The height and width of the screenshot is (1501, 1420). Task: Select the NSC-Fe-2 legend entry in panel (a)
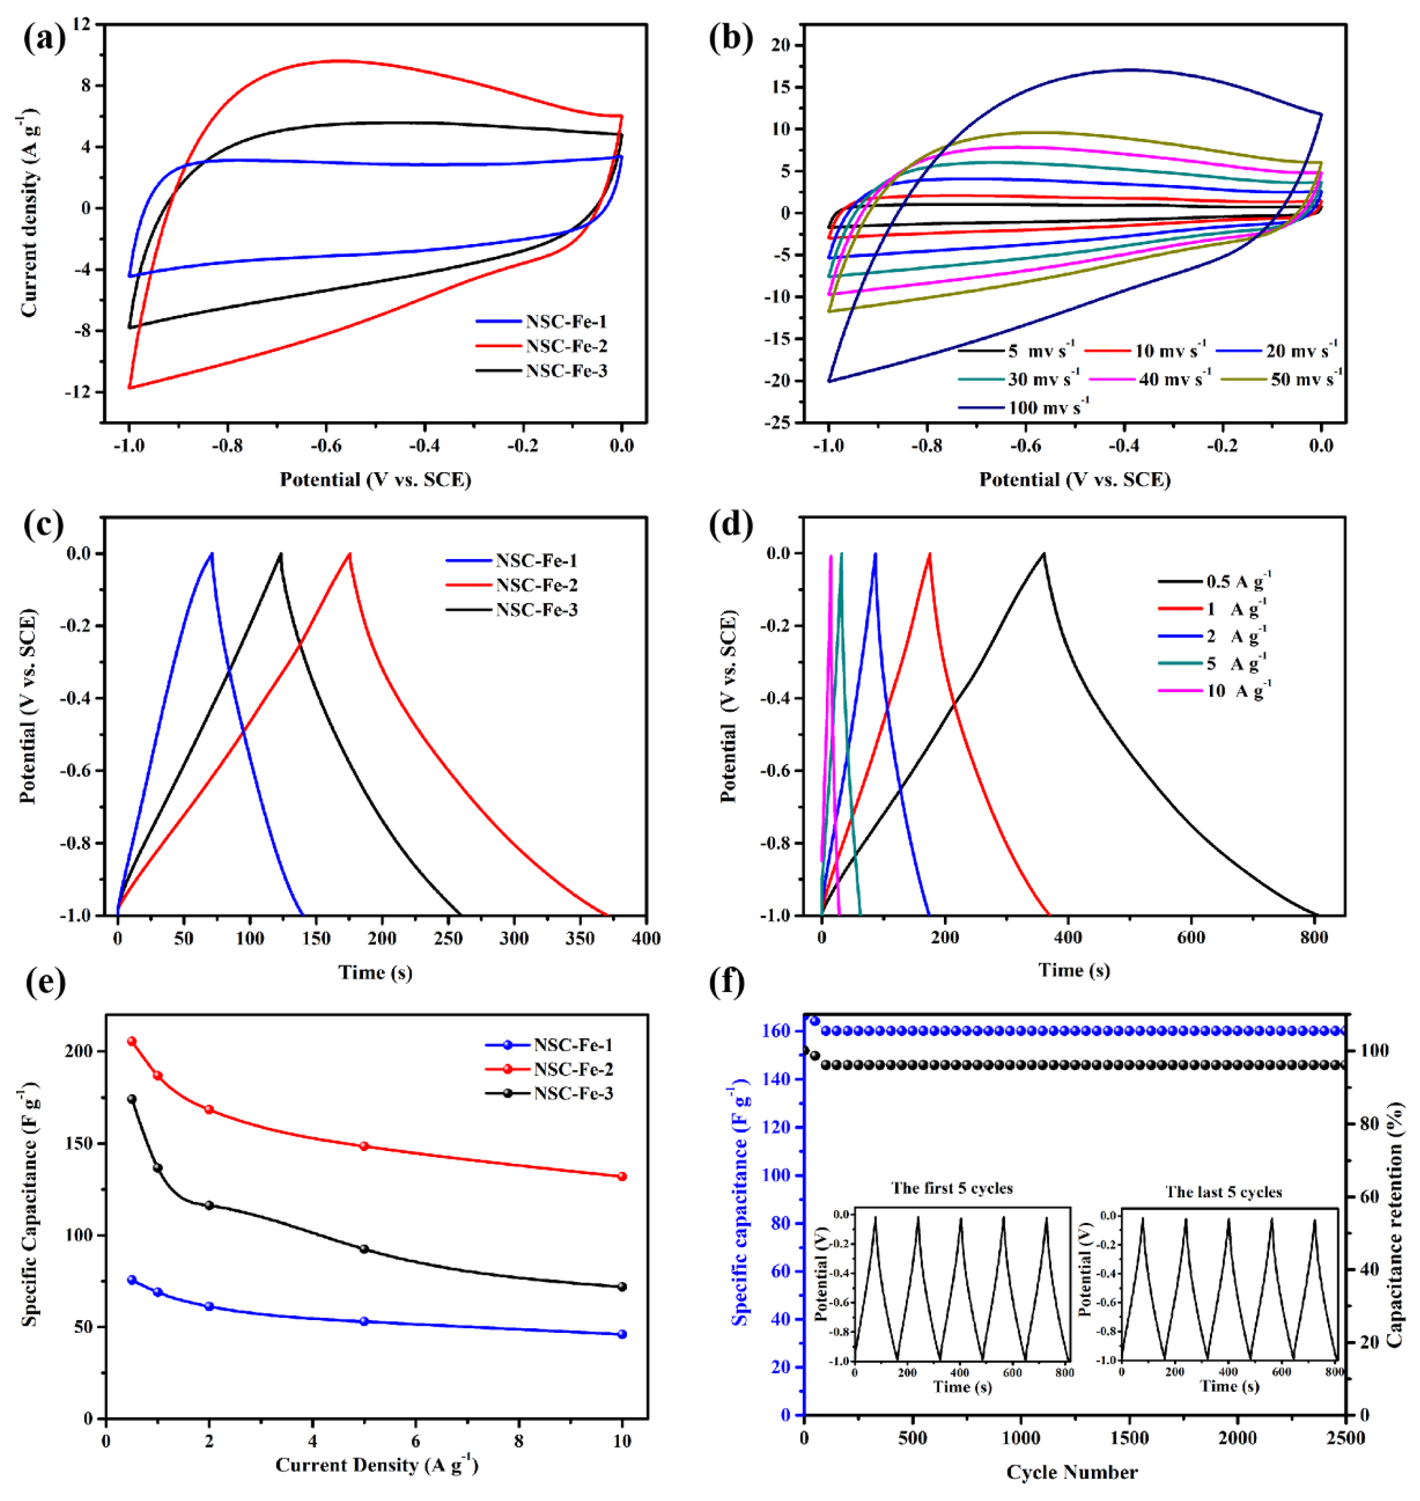coord(566,346)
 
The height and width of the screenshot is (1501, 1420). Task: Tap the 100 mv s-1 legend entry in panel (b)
coord(1048,408)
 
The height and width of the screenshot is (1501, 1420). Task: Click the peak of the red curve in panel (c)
coord(350,554)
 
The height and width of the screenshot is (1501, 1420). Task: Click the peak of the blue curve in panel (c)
coord(212,554)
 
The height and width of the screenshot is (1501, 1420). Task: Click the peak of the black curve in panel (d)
coord(1044,554)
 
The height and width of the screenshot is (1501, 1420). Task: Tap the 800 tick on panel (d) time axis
coord(1314,938)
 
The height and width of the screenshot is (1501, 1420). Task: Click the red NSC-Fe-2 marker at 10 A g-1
coord(622,1176)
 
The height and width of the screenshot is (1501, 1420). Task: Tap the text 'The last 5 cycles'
coord(1223,1192)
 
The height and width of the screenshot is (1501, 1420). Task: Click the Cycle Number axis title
coord(1072,1472)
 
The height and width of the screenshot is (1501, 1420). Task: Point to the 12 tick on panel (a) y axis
coord(81,24)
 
